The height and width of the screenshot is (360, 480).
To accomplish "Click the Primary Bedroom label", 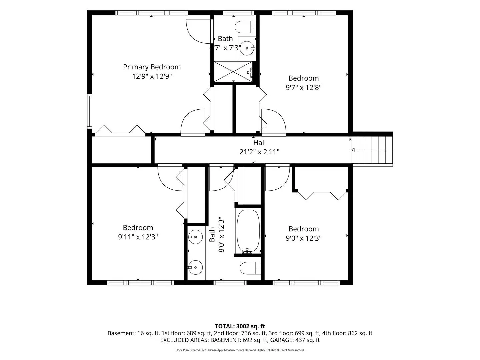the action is [152, 67].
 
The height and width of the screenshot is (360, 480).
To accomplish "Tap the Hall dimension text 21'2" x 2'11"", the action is [259, 152].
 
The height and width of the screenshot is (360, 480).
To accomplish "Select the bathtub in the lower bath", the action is [248, 231].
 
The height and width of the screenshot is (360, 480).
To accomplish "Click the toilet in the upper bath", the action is [245, 27].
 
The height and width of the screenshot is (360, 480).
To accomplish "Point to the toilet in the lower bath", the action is [250, 268].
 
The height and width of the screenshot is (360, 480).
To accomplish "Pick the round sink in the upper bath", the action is [247, 48].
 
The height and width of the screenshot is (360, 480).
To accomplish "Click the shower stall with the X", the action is [233, 71].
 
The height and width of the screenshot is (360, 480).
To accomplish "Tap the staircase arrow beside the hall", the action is [353, 150].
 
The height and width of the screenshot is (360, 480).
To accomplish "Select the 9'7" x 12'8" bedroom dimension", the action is [304, 88].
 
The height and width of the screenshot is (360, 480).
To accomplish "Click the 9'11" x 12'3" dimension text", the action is [138, 237].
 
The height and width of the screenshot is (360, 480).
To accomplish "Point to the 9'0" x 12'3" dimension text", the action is [304, 238].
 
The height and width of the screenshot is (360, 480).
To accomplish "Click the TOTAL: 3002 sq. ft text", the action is [240, 326].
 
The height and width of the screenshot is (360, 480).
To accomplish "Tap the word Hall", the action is [259, 143].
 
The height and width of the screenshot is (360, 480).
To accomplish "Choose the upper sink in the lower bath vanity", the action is [195, 237].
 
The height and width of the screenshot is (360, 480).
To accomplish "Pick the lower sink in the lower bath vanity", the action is [195, 267].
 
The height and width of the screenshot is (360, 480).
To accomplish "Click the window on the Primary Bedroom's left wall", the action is [89, 111].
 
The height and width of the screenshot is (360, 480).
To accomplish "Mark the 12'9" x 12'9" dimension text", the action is [152, 76].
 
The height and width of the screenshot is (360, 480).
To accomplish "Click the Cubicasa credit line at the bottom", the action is [240, 350].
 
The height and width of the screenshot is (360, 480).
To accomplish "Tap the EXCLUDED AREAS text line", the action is [240, 340].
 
